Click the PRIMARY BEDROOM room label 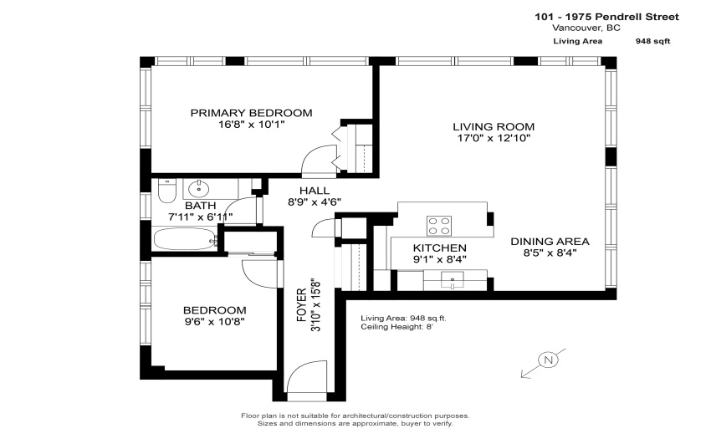[251, 113]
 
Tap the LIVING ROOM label [494, 126]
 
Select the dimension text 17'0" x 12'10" [494, 138]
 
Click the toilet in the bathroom [166, 191]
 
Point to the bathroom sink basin [198, 188]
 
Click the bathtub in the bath [185, 238]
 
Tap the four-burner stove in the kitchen [439, 226]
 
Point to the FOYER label [302, 306]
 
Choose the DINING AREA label [550, 242]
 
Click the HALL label [315, 191]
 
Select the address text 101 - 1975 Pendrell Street [606, 17]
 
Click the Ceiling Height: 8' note [396, 327]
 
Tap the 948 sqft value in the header [653, 41]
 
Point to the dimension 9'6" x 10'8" [214, 322]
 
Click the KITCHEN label [439, 248]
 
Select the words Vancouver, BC [586, 28]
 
